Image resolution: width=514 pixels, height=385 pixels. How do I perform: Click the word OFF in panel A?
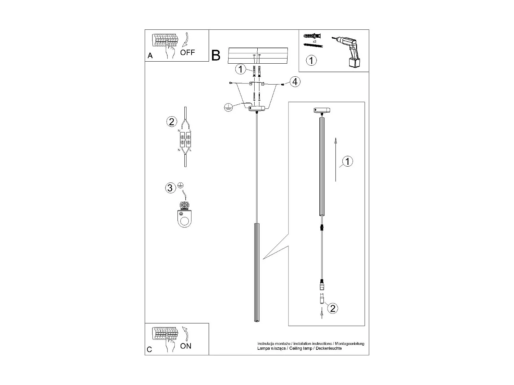[x=187, y=52]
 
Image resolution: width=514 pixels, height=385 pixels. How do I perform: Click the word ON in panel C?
[x=186, y=346]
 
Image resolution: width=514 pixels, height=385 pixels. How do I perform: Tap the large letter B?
[x=216, y=55]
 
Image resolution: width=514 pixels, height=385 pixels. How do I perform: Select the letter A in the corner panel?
[x=150, y=56]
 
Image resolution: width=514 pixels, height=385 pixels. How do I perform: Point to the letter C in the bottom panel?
[x=149, y=349]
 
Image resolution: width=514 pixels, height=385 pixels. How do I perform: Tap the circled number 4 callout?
[x=295, y=82]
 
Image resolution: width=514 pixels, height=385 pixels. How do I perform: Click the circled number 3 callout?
[x=170, y=188]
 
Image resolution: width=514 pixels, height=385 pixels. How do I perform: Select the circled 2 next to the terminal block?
[x=171, y=121]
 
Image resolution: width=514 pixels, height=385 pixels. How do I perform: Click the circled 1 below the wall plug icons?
[x=311, y=61]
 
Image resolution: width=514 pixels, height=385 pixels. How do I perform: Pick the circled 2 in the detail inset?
[x=332, y=308]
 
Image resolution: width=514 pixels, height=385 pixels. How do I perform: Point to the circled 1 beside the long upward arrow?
[x=347, y=161]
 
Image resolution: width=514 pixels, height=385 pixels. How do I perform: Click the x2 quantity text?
[x=315, y=41]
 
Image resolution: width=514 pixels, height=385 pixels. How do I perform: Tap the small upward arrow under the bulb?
[x=322, y=313]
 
